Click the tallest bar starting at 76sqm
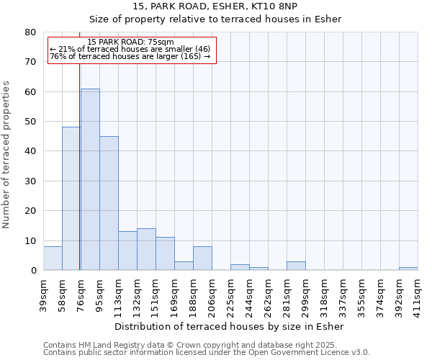(90, 180)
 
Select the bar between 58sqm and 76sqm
(71, 199)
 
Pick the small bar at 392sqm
(408, 269)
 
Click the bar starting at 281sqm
(296, 266)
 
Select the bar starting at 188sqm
(202, 258)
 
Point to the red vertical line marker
(79, 166)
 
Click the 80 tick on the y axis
(30, 32)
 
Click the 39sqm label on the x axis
(44, 294)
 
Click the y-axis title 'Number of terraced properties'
(6, 154)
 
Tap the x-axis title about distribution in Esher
(230, 327)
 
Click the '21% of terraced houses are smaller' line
(130, 50)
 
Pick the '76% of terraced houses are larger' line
(130, 56)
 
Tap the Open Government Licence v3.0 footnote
(207, 352)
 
